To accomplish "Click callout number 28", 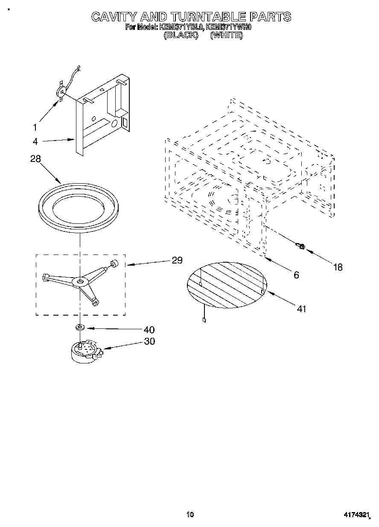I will point(35,159).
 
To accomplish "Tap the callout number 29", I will point(177,260).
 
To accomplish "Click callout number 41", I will point(301,309).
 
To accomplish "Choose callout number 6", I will point(296,275).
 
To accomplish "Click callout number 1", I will point(35,127).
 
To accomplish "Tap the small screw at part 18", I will point(300,246).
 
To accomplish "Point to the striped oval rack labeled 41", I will point(227,284).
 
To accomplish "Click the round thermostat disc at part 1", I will point(61,91).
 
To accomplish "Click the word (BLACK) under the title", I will point(181,35).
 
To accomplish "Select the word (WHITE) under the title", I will point(227,35).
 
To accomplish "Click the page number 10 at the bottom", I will point(190,515).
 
